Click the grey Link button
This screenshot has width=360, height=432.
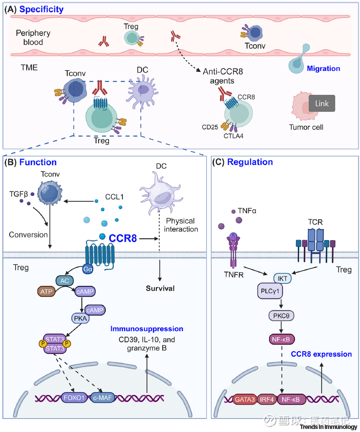(322, 104)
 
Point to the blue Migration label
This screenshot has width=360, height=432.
(323, 68)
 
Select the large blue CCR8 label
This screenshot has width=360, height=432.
(123, 238)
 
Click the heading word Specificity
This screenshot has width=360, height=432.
(41, 9)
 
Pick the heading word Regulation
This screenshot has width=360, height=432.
(250, 162)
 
